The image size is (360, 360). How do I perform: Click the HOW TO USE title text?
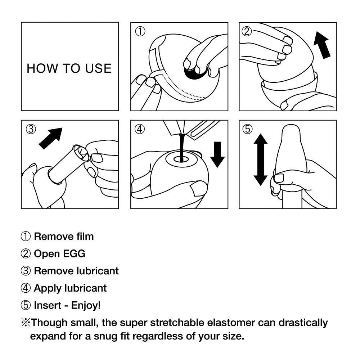click(69, 68)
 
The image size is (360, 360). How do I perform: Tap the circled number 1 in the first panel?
click(140, 31)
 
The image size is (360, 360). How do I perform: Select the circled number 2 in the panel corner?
click(247, 31)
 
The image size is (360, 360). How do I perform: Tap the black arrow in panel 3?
click(51, 138)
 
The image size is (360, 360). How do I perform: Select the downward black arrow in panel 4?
click(217, 154)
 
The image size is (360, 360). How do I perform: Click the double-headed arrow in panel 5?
click(260, 159)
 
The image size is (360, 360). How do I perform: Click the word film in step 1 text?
click(85, 237)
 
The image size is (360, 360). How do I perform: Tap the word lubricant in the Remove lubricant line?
click(98, 271)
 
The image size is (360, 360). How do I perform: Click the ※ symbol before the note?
click(26, 323)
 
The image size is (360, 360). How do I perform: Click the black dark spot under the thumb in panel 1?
click(193, 73)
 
